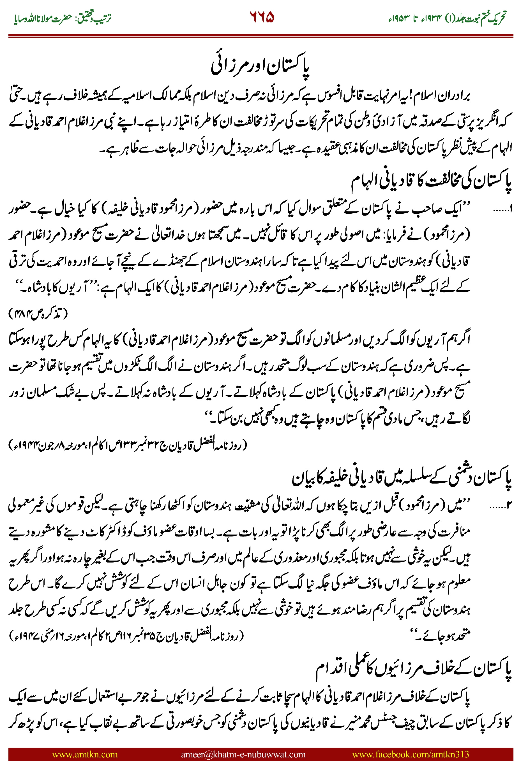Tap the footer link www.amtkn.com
pyautogui.click(x=85, y=754)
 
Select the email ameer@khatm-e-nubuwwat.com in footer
pyautogui.click(x=243, y=754)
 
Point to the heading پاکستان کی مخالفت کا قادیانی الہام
pyautogui.click(x=431, y=181)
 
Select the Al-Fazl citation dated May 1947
pyautogui.click(x=126, y=636)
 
